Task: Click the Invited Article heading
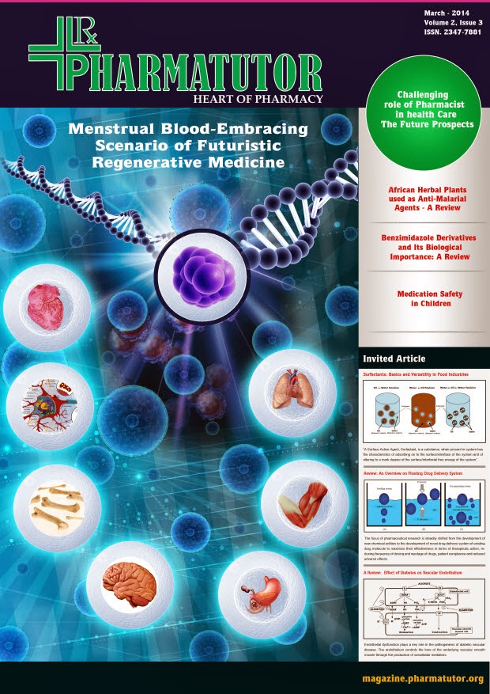pyautogui.click(x=394, y=358)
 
